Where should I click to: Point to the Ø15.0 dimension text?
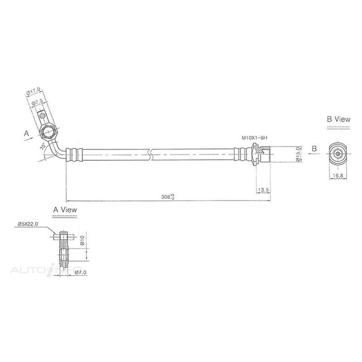pos(298,154)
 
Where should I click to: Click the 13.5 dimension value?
pos(263,190)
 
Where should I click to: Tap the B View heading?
pos(339,119)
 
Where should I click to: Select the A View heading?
pos(65,210)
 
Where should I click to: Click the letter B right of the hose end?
pos(314,148)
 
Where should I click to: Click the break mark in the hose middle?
pos(151,154)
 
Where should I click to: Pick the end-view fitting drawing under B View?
pos(337,153)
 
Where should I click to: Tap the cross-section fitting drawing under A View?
pos(64,249)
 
